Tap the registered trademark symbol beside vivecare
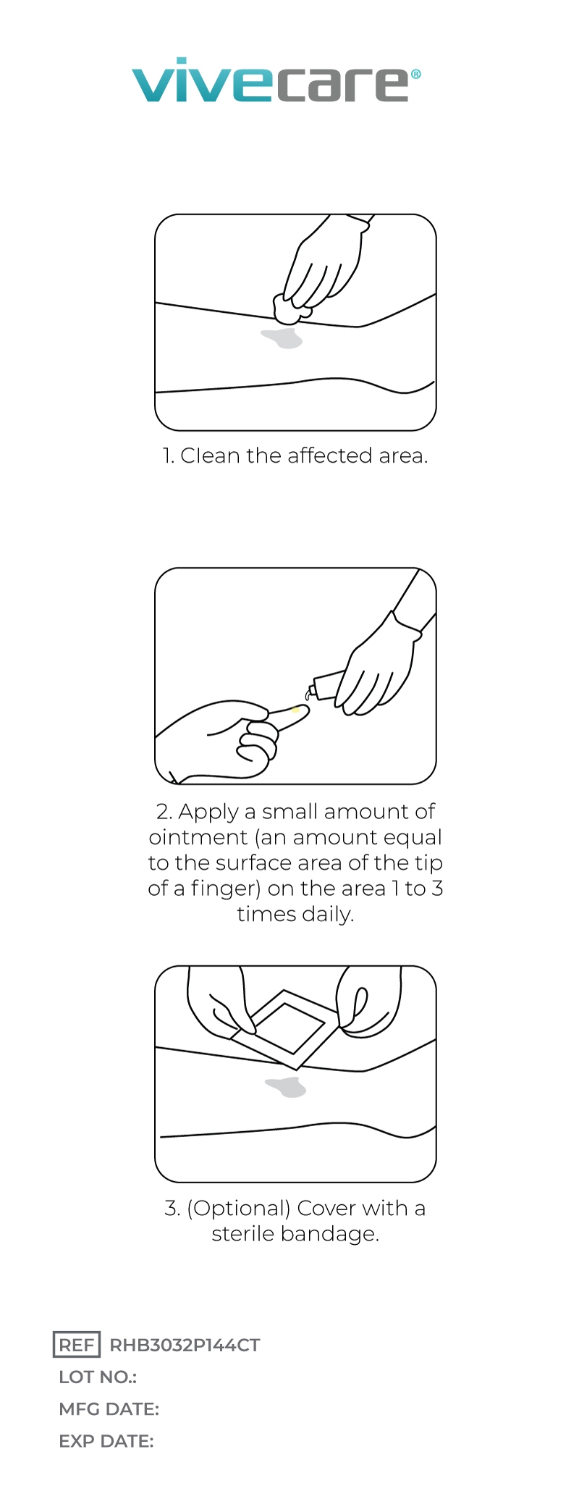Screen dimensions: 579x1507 (x=415, y=74)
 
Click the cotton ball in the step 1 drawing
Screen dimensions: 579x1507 (x=290, y=308)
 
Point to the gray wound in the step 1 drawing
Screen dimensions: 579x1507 (x=282, y=337)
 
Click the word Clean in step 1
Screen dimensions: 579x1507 (x=210, y=456)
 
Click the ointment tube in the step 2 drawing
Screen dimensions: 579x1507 (x=325, y=685)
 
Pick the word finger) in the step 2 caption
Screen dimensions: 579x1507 (x=226, y=889)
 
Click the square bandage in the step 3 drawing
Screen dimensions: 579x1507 (x=285, y=1029)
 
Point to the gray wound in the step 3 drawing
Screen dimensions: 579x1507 (x=287, y=1087)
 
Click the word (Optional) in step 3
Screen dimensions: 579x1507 (x=239, y=1208)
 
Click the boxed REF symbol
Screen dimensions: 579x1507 (x=77, y=1345)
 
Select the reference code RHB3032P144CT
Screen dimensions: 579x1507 (x=185, y=1346)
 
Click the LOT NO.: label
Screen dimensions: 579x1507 (x=98, y=1377)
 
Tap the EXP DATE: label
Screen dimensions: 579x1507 (x=106, y=1441)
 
